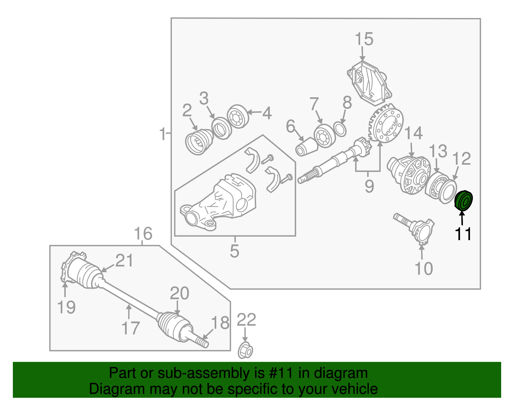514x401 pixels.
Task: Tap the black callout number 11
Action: pos(463,234)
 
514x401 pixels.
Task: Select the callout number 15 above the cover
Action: pos(364,39)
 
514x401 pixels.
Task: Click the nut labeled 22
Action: pos(245,351)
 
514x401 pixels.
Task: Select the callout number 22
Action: pos(246,320)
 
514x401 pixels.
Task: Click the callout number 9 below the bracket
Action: pos(369,186)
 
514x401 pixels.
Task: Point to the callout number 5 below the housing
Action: pos(235,251)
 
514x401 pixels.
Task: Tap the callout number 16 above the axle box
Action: pos(143,234)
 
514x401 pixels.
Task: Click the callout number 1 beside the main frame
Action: pos(163,134)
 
